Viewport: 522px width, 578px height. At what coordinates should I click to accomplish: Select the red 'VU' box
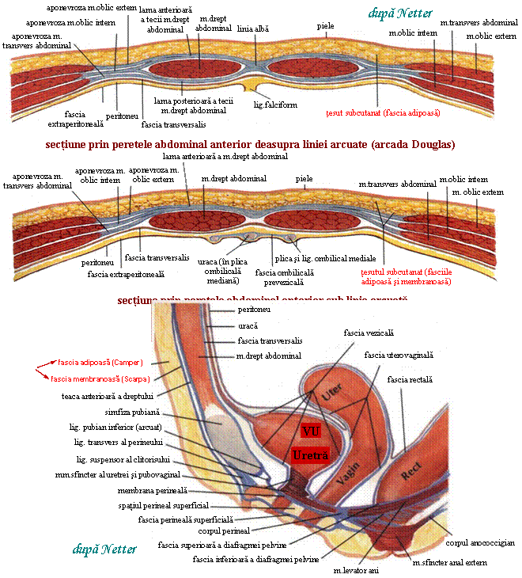(309, 432)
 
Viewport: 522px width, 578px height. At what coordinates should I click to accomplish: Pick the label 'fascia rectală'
(409, 380)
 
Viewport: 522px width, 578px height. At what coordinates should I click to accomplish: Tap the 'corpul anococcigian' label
(480, 543)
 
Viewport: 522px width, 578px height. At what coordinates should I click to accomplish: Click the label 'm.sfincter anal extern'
(448, 562)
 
